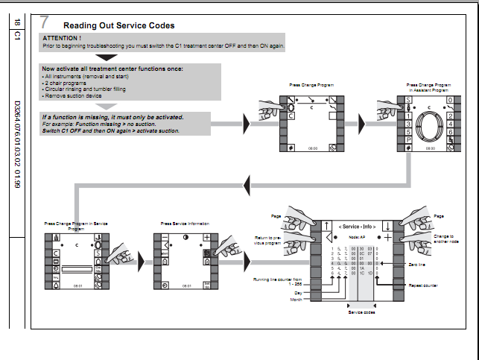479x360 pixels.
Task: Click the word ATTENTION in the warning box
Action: [62, 37]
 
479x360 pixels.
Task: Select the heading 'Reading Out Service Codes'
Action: [119, 25]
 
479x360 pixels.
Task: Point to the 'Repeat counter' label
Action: [422, 285]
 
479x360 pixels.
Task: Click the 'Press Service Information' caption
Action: [185, 223]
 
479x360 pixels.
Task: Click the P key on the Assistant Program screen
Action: [409, 139]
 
